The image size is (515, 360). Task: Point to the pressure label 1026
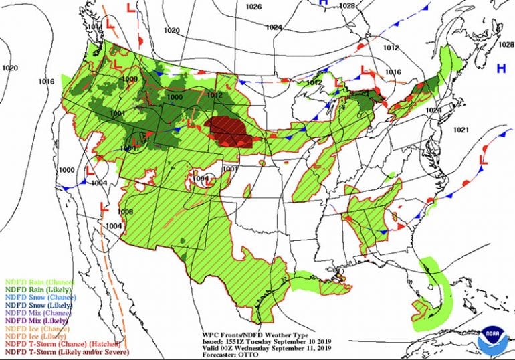tap(253, 7)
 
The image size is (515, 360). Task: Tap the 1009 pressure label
tap(130, 79)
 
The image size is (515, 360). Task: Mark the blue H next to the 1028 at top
tap(324, 3)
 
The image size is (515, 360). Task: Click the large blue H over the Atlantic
tap(500, 68)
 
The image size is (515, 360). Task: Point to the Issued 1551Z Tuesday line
tap(262, 339)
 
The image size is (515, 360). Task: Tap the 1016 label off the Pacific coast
tap(45, 82)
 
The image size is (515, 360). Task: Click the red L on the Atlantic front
tap(484, 160)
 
